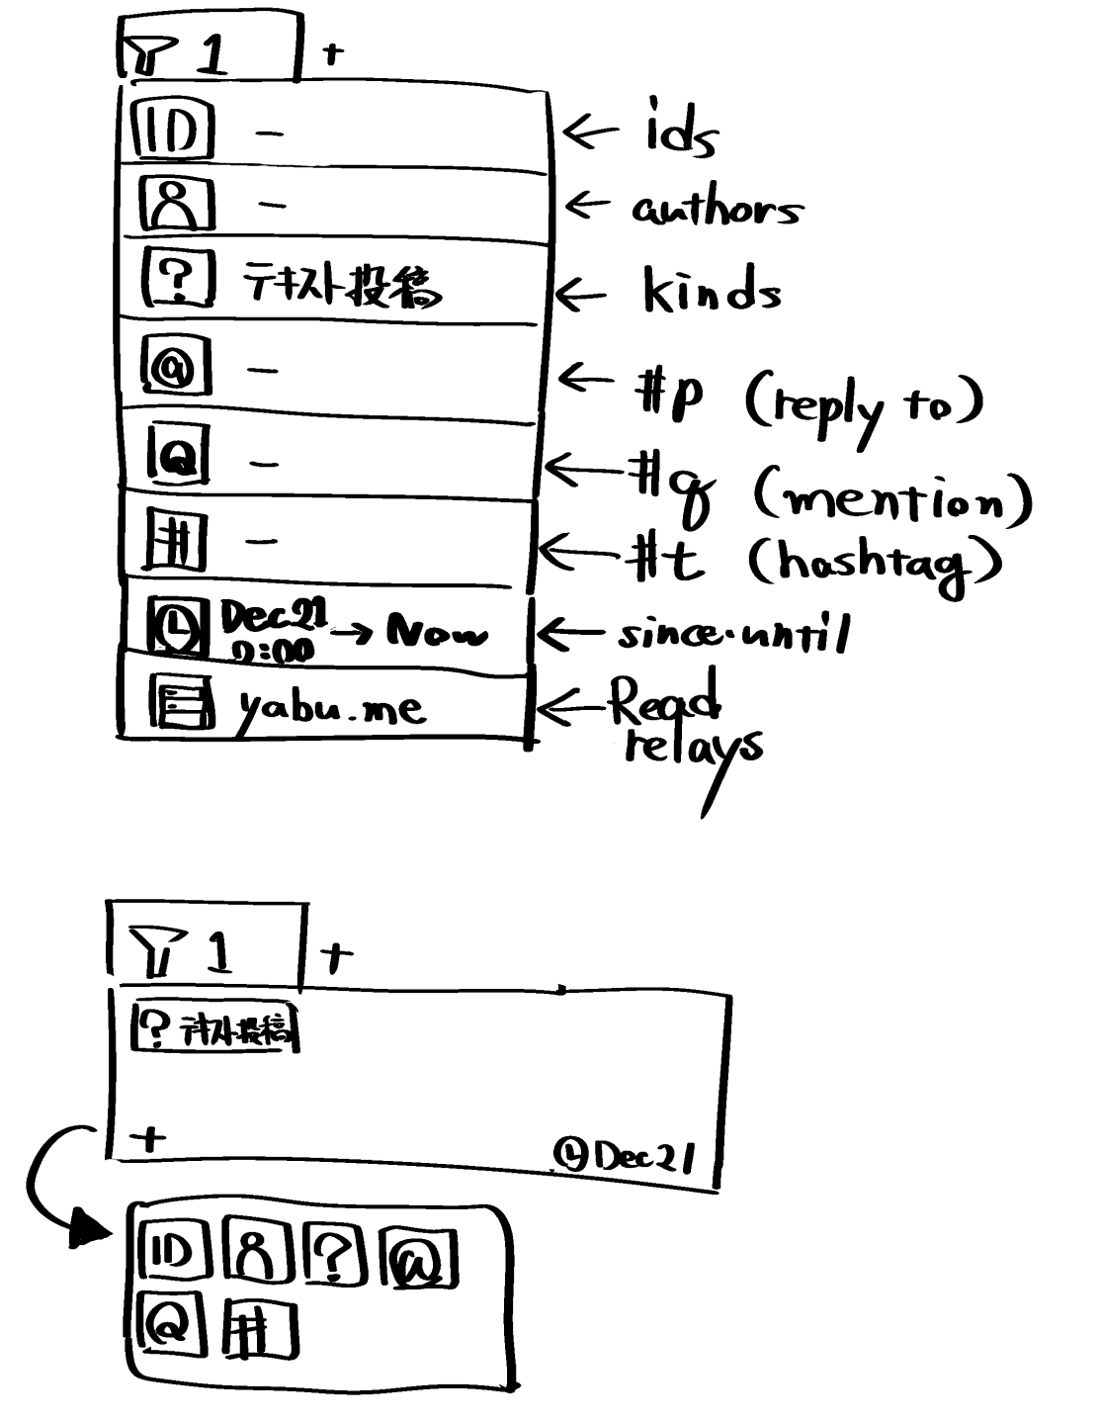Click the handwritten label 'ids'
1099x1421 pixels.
point(680,129)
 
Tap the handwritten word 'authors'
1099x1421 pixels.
point(716,209)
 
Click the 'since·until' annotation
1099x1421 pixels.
point(733,634)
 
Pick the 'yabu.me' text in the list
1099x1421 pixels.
point(330,707)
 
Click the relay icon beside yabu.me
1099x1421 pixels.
point(181,702)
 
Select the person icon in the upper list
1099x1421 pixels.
point(175,205)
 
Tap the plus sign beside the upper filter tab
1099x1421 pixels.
point(333,53)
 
